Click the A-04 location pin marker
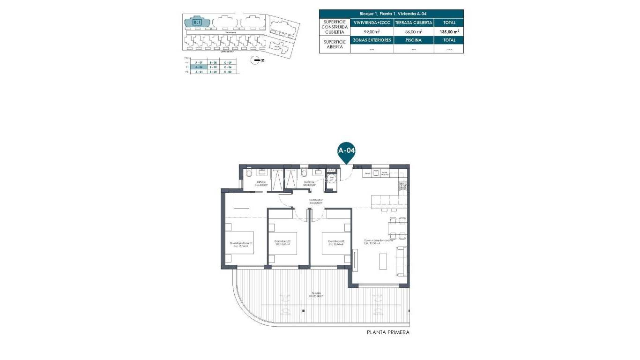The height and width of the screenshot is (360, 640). [347, 151]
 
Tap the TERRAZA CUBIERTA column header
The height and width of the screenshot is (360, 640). [413, 22]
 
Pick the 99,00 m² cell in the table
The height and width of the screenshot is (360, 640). [372, 31]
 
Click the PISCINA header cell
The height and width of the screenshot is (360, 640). [413, 40]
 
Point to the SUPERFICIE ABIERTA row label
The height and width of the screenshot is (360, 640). [335, 45]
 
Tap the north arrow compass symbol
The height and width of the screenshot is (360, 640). [256, 60]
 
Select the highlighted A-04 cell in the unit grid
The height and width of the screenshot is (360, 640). [198, 67]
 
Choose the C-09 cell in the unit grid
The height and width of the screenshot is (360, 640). [228, 62]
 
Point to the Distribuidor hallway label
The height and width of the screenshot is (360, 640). [315, 201]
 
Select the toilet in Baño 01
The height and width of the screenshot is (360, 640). [248, 174]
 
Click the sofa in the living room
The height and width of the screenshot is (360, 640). [402, 261]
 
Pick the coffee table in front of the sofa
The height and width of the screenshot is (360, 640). [383, 261]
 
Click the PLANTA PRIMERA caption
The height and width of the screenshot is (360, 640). [388, 332]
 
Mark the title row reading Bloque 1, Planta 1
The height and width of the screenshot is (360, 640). [391, 14]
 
